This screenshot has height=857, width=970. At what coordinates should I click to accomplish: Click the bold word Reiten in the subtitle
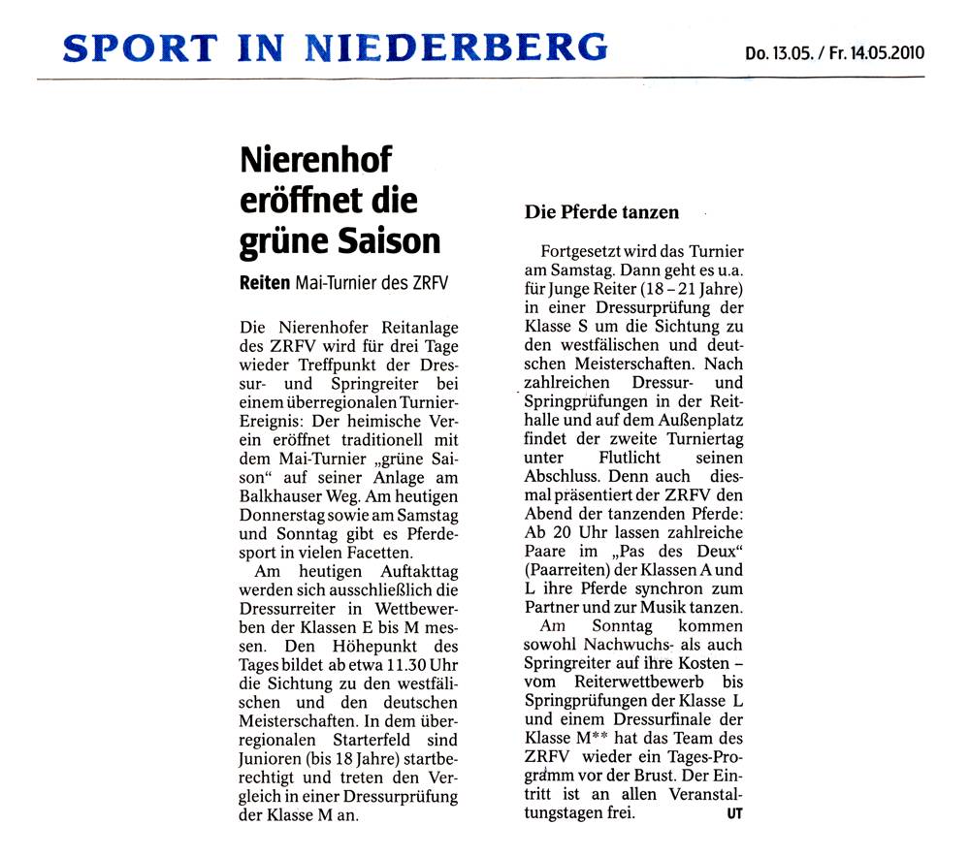coord(264,282)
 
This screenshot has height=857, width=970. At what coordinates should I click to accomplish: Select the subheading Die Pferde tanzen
coord(601,211)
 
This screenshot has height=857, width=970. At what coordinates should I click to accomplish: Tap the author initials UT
coord(734,813)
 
